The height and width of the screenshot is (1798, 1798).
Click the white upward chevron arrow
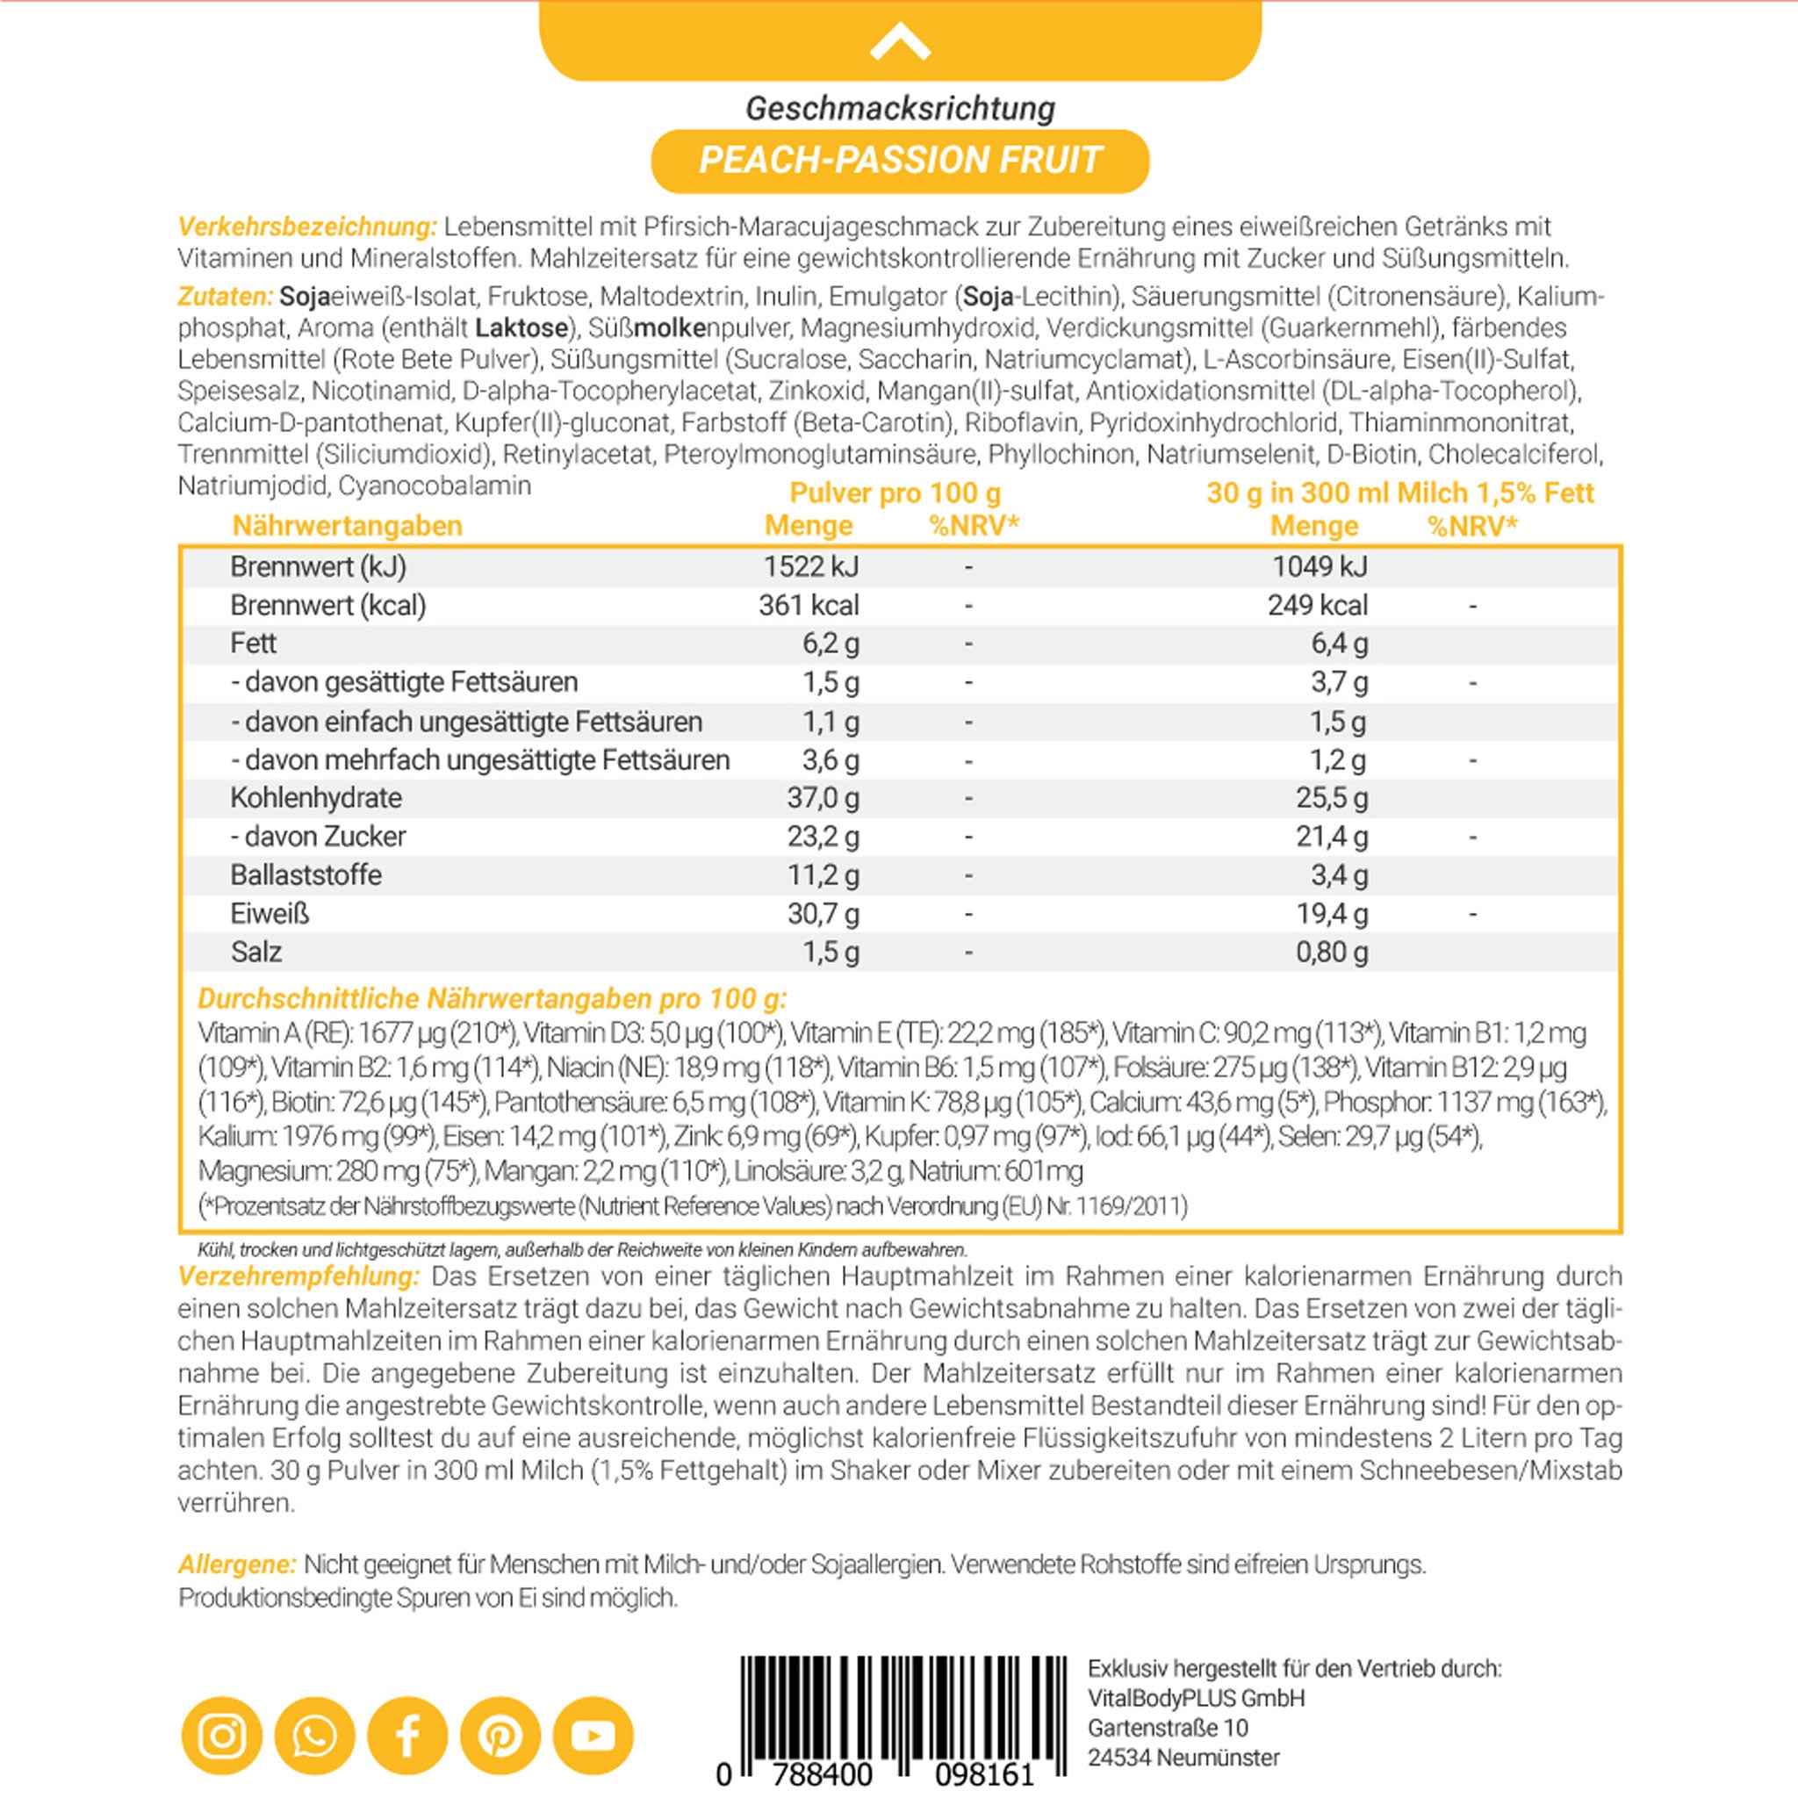point(900,43)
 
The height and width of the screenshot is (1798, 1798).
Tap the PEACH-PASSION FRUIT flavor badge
point(900,160)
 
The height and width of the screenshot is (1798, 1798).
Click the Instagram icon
point(221,1736)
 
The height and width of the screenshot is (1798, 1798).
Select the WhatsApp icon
point(314,1736)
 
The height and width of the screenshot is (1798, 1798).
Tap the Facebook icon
point(407,1736)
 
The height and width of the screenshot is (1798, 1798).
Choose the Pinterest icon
point(500,1736)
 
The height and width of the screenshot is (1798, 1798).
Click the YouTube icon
point(593,1736)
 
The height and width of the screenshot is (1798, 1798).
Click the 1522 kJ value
point(810,567)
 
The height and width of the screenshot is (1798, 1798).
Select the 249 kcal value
point(1317,606)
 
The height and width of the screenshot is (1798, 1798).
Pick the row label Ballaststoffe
point(306,874)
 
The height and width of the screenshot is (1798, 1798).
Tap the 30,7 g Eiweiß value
point(823,914)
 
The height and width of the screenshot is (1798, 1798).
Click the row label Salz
point(256,952)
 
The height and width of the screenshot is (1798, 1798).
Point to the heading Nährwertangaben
point(347,526)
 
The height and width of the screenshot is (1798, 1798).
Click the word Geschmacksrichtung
point(900,109)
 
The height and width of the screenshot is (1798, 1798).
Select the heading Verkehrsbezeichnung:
point(307,227)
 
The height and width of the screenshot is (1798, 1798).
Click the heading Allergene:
point(237,1564)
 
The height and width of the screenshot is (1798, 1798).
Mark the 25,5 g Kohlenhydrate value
point(1332,799)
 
